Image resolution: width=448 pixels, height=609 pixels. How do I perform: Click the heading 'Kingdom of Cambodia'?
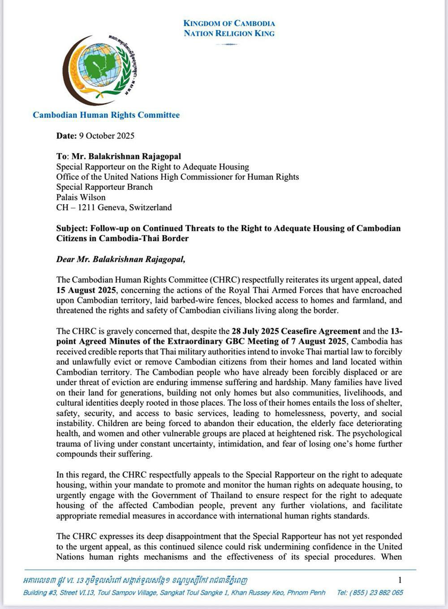(x=229, y=23)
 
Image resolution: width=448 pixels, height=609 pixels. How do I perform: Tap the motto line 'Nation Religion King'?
(x=229, y=33)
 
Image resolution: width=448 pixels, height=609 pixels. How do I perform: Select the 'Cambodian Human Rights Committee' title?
(x=106, y=115)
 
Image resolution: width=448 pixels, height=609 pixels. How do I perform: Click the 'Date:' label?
(x=66, y=136)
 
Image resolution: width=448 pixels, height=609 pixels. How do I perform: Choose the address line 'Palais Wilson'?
(x=81, y=197)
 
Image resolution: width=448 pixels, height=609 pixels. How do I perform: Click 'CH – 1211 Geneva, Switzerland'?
(x=114, y=207)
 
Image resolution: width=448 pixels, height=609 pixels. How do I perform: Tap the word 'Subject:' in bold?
(x=72, y=228)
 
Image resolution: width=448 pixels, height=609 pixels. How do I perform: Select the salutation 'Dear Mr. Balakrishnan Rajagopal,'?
(x=121, y=259)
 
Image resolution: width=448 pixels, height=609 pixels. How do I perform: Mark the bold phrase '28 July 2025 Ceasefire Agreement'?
(x=296, y=331)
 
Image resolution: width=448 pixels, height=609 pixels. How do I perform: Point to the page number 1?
(x=400, y=580)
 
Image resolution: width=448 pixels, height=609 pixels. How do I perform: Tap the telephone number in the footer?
(x=370, y=592)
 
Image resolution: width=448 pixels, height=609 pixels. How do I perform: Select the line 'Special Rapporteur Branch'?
(x=104, y=187)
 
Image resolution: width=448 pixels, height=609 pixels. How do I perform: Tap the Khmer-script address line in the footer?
(x=135, y=581)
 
